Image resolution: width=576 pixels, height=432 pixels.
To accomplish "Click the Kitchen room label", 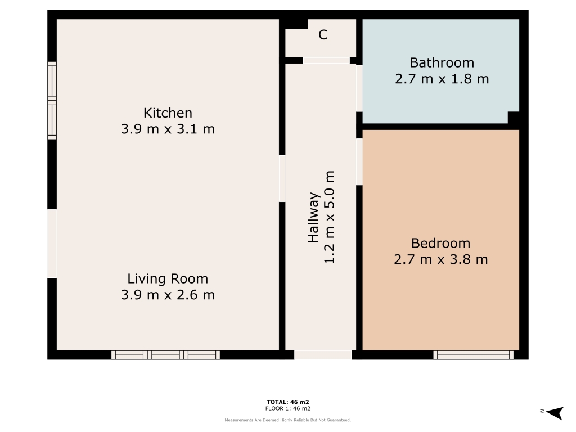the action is tap(168, 112).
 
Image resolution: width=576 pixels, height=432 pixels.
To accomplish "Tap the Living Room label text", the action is tap(168, 279).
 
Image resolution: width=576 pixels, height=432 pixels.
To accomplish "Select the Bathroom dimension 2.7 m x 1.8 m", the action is tap(442, 79).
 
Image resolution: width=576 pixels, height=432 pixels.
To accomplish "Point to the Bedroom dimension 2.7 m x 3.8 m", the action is tap(441, 260).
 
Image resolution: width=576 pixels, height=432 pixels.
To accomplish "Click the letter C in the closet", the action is tap(323, 35).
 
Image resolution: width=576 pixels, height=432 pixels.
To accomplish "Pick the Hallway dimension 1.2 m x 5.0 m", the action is tap(330, 217).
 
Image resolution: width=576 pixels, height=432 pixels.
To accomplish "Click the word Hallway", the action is tap(313, 217).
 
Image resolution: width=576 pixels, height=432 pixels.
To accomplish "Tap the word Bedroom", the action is tap(441, 243).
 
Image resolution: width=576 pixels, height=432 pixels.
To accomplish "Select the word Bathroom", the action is tap(442, 63).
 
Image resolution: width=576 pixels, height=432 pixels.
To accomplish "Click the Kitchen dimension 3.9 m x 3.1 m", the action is tap(168, 129).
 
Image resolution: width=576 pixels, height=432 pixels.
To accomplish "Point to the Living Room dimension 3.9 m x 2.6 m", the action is tap(168, 295).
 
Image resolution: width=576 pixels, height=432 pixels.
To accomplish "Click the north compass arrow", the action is tap(555, 412).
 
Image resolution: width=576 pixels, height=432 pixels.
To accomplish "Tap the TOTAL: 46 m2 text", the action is tap(288, 402).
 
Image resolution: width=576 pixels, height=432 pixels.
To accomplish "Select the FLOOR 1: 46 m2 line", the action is tap(288, 408).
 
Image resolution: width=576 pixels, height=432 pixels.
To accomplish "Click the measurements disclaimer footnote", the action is tap(288, 420).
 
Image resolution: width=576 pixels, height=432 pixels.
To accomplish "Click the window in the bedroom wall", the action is tap(473, 355).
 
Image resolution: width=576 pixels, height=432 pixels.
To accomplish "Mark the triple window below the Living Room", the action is tap(166, 355).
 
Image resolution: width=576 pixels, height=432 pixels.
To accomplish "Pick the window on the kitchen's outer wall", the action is tap(52, 101).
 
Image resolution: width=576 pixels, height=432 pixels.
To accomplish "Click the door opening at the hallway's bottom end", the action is tap(323, 355).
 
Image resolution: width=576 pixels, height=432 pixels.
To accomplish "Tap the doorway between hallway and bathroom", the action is tap(359, 88).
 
